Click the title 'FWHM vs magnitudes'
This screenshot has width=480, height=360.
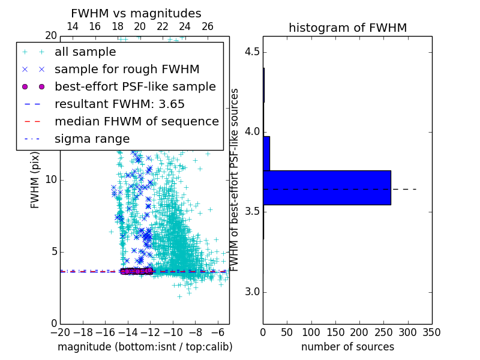(136, 13)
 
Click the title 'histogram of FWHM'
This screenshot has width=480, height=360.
(347, 28)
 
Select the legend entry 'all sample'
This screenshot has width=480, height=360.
(86, 52)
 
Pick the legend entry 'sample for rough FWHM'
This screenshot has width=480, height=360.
(127, 70)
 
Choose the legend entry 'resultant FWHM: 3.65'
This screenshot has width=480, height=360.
(119, 104)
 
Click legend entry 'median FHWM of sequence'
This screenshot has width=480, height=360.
(136, 121)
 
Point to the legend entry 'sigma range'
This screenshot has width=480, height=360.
(92, 139)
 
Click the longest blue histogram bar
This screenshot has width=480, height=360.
(327, 188)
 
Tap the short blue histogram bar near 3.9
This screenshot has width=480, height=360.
(266, 153)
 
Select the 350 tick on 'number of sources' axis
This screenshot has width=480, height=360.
(431, 332)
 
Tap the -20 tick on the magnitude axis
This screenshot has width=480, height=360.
(60, 332)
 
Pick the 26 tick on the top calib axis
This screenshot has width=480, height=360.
(207, 27)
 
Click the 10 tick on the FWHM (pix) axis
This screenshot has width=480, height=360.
(51, 180)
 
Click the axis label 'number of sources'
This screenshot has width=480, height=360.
(347, 347)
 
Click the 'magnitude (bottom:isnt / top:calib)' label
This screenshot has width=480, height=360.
(145, 347)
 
